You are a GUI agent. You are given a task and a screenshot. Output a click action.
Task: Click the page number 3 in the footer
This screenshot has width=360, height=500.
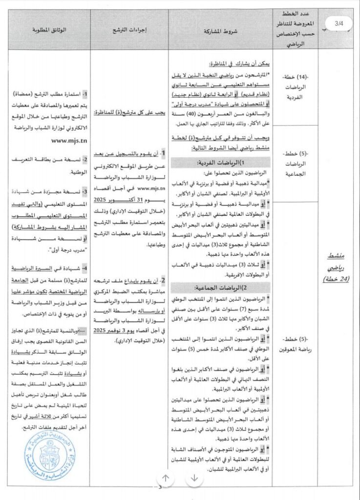tap(160, 491)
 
